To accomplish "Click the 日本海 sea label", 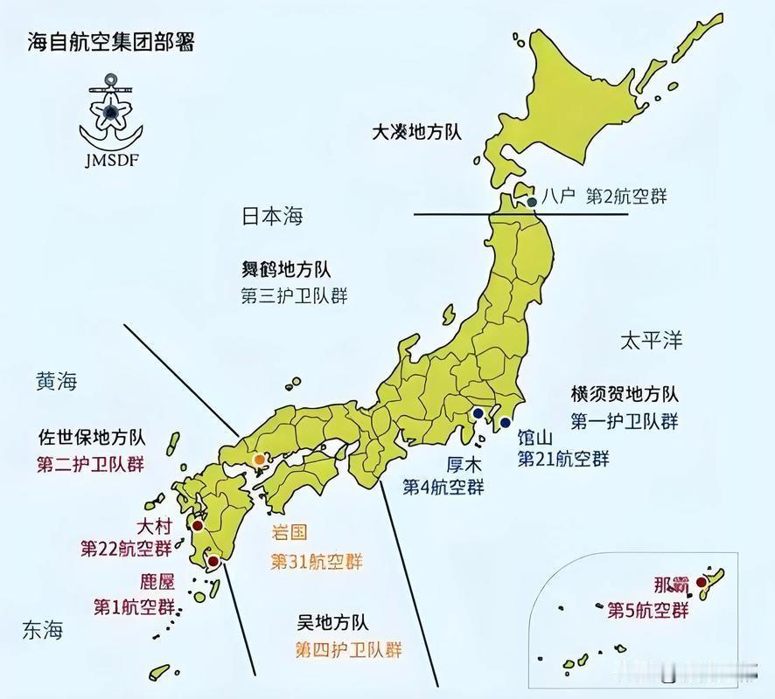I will click(272, 216).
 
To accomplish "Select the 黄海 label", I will click(57, 381).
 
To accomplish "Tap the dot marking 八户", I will click(532, 202).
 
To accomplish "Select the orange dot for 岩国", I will click(259, 459).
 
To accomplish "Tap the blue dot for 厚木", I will click(478, 413).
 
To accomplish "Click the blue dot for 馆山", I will click(505, 423).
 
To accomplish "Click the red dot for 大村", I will click(198, 526).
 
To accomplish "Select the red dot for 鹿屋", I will click(212, 562).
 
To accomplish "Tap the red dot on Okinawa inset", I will click(701, 581).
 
